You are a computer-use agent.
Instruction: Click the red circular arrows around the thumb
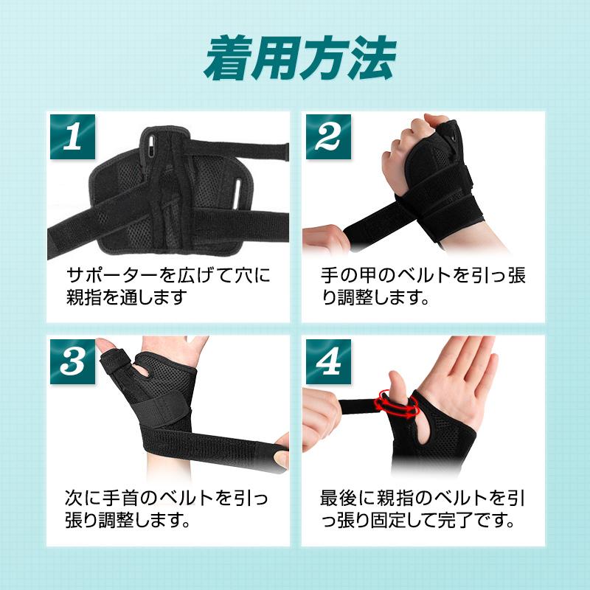(398, 403)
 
